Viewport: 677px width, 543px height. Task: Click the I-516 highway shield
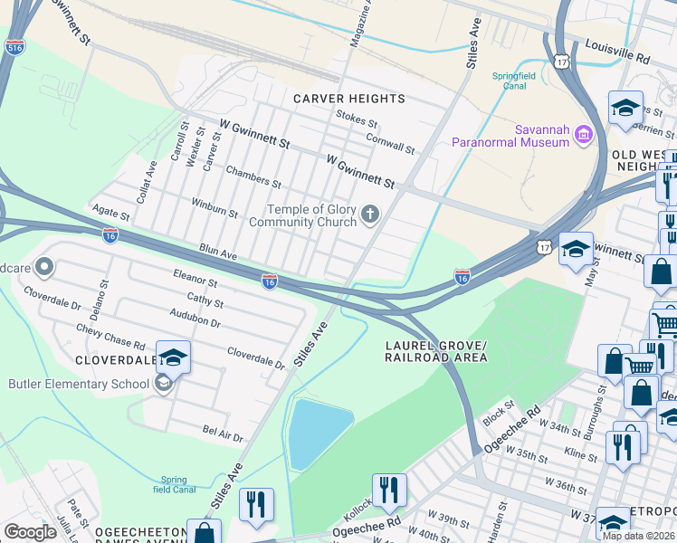pos(14,47)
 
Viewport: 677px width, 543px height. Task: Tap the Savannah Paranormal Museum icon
pos(583,135)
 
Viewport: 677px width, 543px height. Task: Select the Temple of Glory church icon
pos(369,214)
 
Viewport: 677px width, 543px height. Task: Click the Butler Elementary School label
pos(79,384)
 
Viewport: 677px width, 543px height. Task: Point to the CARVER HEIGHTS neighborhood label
pos(348,98)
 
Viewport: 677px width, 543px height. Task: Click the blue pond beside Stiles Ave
pos(319,432)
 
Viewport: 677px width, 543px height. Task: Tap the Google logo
pos(30,531)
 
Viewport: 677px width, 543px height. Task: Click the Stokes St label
pos(357,119)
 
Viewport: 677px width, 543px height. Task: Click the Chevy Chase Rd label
pos(110,338)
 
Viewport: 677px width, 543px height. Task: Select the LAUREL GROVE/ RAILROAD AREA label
pos(435,352)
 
